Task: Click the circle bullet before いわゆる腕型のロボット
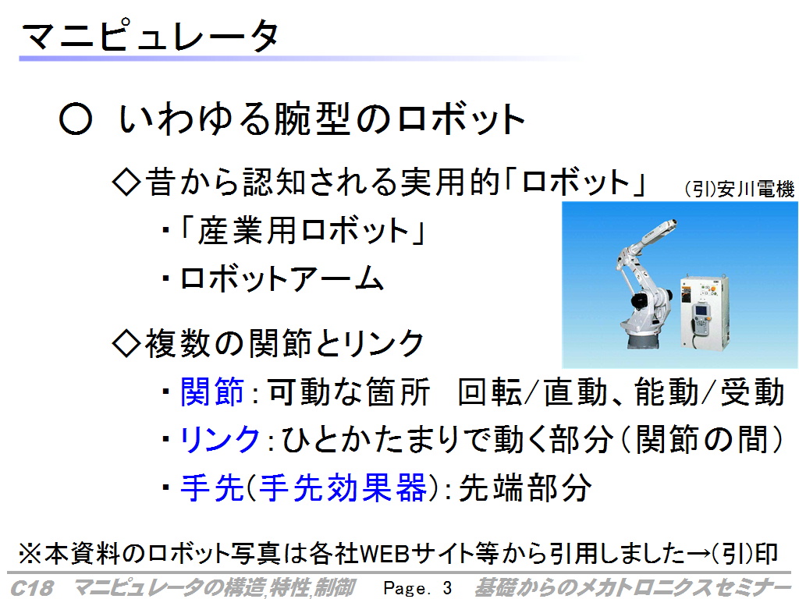pos(76,119)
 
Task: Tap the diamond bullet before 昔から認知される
pos(126,183)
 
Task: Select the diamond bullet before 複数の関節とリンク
pos(126,343)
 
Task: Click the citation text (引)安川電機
pos(740,189)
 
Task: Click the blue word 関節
pos(212,392)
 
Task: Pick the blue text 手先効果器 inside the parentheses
pos(343,488)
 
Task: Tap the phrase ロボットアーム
pos(282,278)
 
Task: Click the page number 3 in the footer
pos(447,588)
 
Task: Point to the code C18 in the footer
pos(31,588)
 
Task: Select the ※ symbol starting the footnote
pos(30,555)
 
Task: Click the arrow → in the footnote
pos(698,554)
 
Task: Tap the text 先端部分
pos(525,488)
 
